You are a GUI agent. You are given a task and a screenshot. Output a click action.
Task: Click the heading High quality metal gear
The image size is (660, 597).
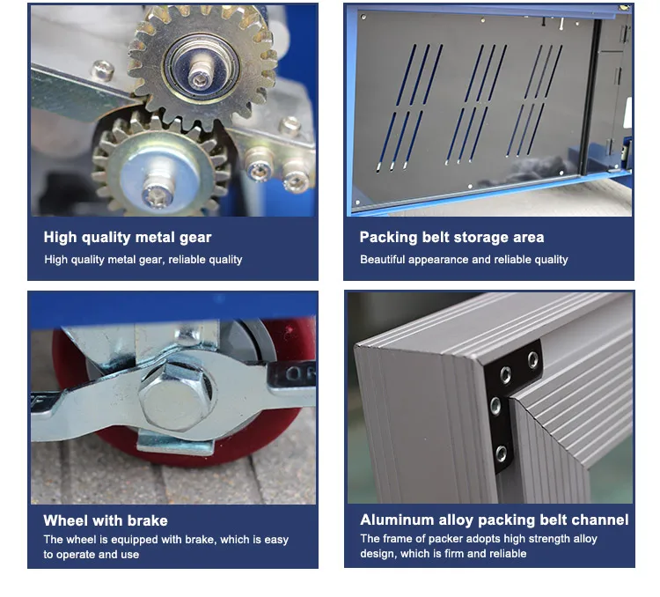pos(128,237)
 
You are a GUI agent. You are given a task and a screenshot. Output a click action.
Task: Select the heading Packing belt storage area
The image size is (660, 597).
pos(451,237)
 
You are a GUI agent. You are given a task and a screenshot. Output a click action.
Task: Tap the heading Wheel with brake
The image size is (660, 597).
pos(105,520)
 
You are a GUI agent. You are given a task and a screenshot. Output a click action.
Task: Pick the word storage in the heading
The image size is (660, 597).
pos(476,237)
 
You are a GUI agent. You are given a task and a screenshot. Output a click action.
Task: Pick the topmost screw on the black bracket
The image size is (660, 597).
pos(532,358)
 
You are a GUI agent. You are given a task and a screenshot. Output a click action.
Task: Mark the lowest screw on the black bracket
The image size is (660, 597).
pos(501,453)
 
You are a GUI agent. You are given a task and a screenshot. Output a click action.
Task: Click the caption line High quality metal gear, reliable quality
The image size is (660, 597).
pos(143,260)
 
